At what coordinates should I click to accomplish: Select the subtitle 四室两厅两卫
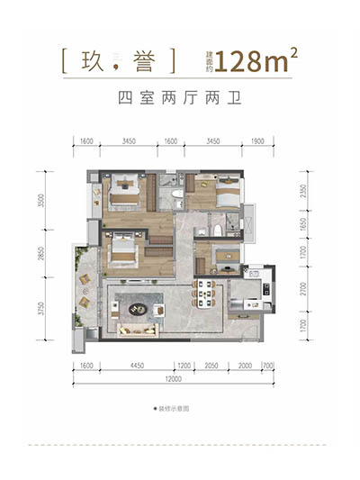pyautogui.click(x=179, y=99)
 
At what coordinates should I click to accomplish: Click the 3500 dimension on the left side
pyautogui.click(x=40, y=201)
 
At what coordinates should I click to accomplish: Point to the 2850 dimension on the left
pyautogui.click(x=40, y=256)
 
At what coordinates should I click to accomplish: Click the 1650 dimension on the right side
pyautogui.click(x=303, y=225)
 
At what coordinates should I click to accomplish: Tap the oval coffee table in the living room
pyautogui.click(x=138, y=309)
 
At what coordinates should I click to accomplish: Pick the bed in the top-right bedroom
pyautogui.click(x=226, y=192)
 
